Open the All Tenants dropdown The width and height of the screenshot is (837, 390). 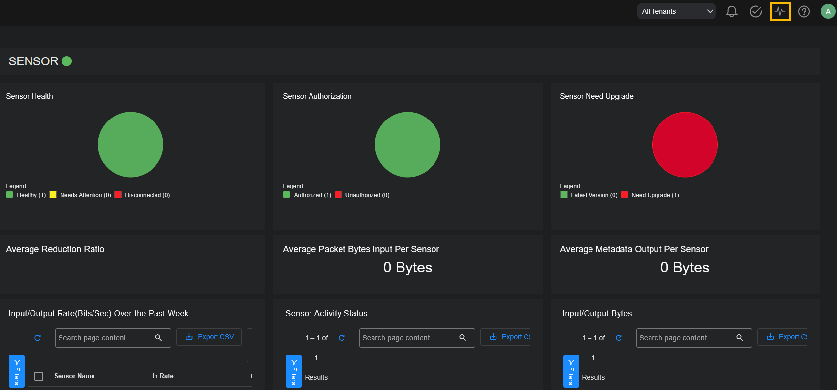(677, 11)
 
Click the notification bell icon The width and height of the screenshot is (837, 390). (732, 11)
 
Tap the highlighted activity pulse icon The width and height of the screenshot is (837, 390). (780, 11)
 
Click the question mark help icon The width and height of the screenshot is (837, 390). (804, 11)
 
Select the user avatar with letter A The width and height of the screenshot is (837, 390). (828, 11)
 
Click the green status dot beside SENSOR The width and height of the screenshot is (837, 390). (67, 61)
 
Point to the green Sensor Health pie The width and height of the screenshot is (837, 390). (130, 145)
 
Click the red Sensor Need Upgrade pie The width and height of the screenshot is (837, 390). (685, 145)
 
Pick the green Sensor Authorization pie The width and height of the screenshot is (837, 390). (407, 145)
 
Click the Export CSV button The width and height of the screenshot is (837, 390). (209, 337)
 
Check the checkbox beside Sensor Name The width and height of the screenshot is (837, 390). (39, 376)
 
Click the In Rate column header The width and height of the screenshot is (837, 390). (163, 376)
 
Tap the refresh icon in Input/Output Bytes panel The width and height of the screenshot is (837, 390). (619, 338)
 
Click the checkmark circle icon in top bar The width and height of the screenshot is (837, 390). (756, 11)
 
